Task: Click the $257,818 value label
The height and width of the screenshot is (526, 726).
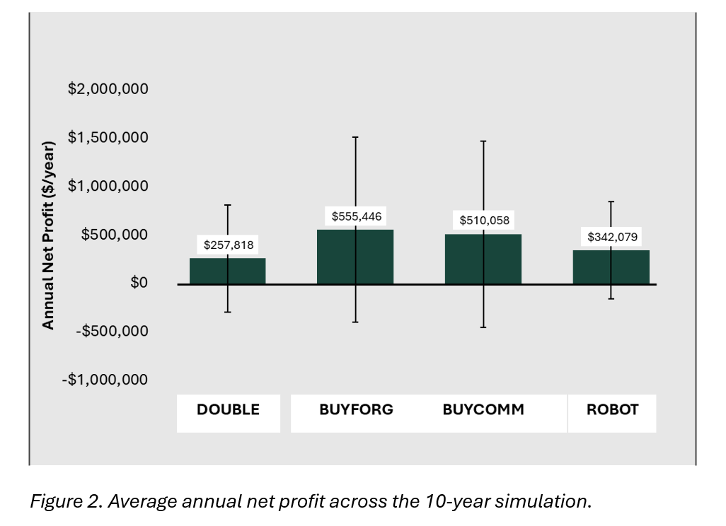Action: coord(228,245)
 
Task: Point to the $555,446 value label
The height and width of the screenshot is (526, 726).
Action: coord(356,216)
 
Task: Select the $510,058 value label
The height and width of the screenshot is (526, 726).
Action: coord(484,221)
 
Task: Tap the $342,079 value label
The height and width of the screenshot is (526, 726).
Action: coord(612,237)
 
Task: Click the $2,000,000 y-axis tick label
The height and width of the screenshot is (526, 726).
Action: coord(108,89)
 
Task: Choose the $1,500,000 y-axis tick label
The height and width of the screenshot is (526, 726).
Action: coord(108,137)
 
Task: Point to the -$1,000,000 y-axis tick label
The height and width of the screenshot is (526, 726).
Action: coord(105,380)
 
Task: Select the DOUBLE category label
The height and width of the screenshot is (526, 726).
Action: coord(228,409)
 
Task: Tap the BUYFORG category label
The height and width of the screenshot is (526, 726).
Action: coord(356,409)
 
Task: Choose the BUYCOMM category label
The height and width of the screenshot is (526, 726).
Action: coord(483,409)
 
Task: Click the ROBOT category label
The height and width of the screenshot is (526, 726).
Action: coord(612,409)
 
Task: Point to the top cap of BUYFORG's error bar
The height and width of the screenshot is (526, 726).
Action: coord(355,137)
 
